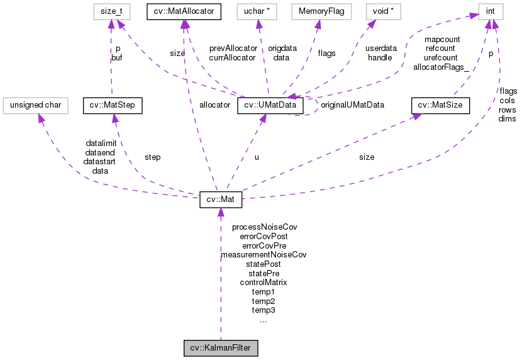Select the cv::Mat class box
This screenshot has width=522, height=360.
click(x=221, y=201)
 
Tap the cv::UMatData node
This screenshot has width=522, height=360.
click(x=270, y=105)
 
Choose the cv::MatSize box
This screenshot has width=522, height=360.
click(x=440, y=105)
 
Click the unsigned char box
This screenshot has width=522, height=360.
click(x=35, y=105)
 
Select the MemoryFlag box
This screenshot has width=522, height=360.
click(x=318, y=10)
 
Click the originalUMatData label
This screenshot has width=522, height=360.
click(x=352, y=104)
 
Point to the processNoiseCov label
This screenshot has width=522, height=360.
click(x=264, y=227)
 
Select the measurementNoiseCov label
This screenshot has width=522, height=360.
click(x=264, y=255)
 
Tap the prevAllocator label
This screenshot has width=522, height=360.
click(x=233, y=48)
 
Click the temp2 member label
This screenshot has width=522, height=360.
click(x=264, y=301)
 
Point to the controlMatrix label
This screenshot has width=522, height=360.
click(x=264, y=283)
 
